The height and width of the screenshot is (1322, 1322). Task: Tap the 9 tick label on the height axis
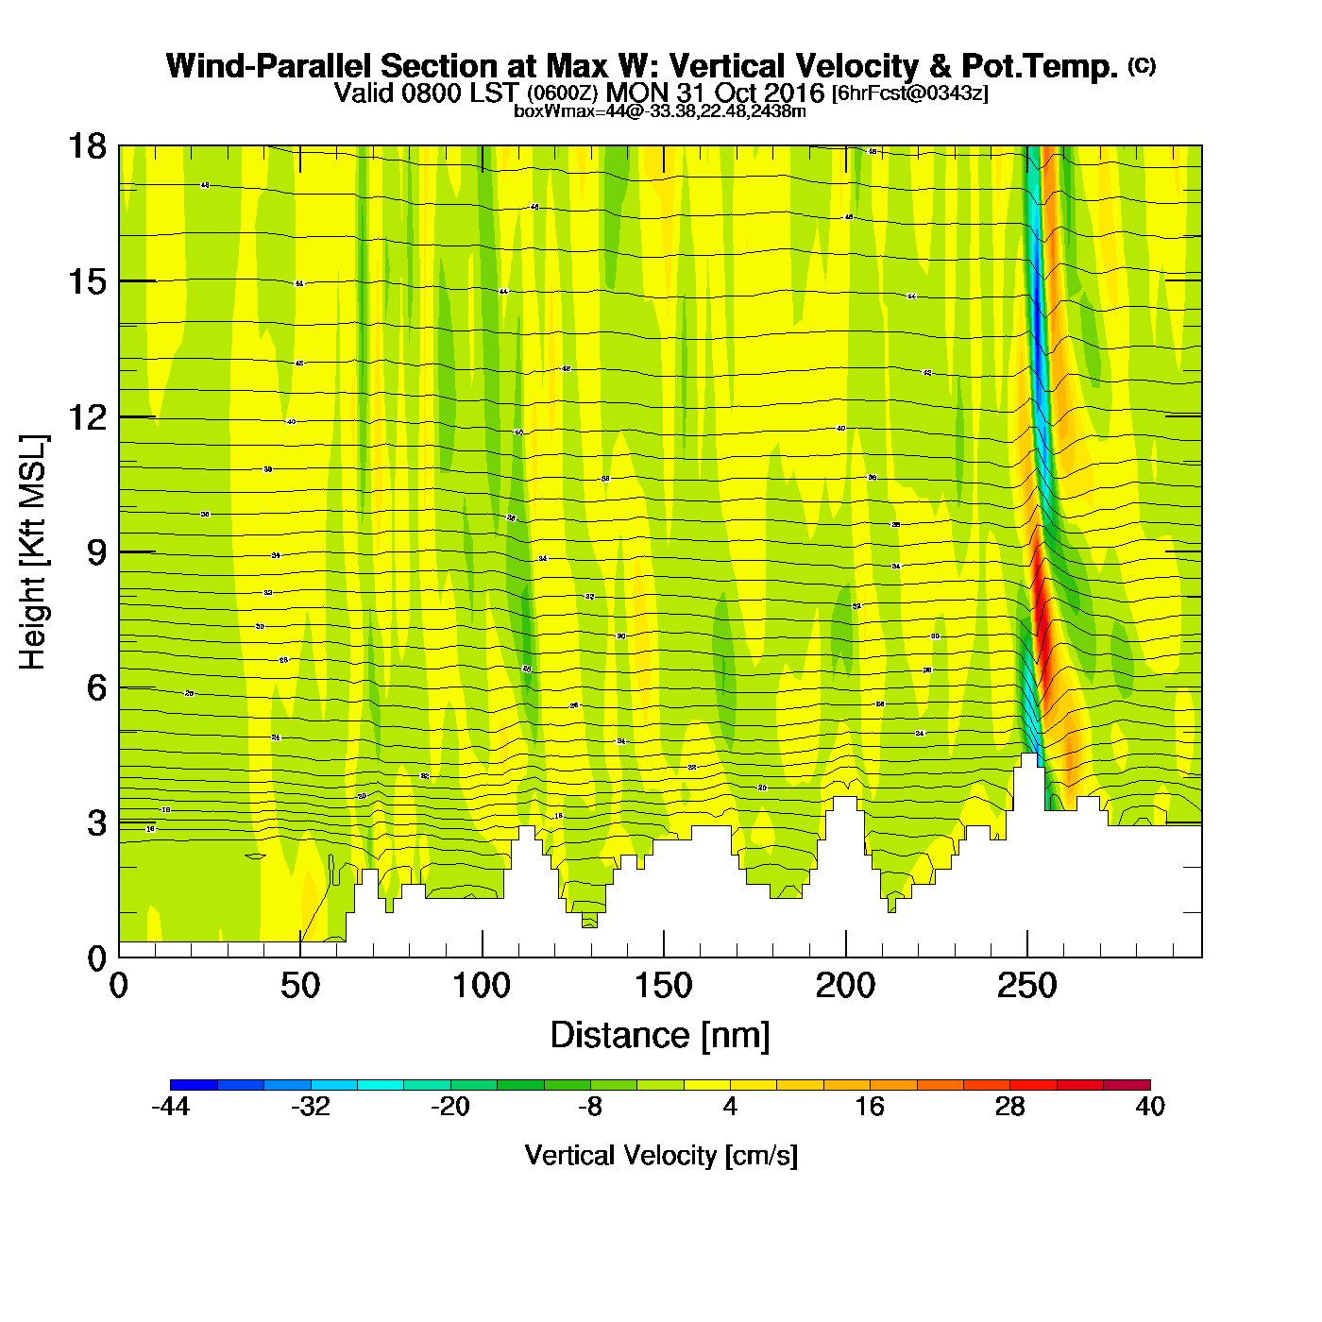96,552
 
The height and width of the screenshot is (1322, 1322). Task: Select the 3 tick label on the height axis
96,823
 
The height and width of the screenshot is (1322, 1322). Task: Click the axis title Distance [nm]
660,1036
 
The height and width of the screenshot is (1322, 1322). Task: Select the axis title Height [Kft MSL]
33,552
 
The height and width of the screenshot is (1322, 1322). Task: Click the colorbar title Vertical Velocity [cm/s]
661,1156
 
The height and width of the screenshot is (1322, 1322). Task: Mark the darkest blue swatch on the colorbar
194,1085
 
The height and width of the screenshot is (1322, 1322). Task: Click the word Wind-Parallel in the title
269,66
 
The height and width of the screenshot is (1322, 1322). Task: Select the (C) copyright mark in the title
1142,65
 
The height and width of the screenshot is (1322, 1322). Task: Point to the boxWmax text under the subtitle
660,111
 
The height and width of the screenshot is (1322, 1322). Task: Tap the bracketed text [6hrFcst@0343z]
909,93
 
